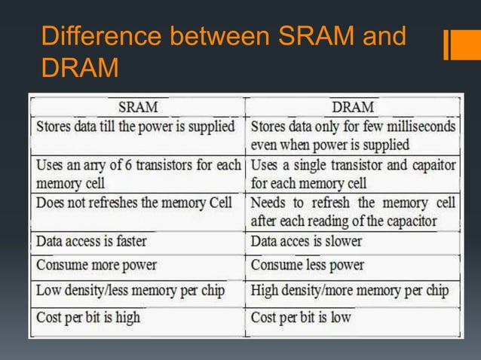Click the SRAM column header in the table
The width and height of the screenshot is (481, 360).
point(137,106)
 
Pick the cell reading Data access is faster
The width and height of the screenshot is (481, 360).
point(91,241)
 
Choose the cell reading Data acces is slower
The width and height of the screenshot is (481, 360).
point(306,241)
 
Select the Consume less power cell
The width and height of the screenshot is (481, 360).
point(308,265)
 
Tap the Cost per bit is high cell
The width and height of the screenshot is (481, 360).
point(87,317)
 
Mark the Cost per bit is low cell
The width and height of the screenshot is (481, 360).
point(301,317)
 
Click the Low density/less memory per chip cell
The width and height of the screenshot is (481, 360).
point(130,291)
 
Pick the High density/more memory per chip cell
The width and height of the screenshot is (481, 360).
point(350,291)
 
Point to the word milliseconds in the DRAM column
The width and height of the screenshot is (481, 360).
point(415,126)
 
